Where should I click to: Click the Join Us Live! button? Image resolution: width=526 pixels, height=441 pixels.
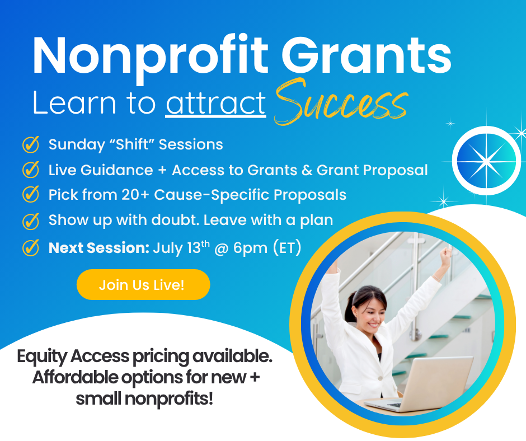coord(143,285)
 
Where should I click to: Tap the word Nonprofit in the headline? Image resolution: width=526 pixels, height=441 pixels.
coord(151,57)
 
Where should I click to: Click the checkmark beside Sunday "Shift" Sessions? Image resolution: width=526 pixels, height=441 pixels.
coord(31,144)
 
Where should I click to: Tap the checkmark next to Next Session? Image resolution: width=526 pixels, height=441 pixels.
coord(31,248)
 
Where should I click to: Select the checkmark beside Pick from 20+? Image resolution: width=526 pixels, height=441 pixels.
coord(31,194)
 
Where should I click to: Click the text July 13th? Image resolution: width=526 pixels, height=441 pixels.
coord(181,248)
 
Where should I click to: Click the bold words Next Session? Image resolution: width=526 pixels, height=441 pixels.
coord(99,248)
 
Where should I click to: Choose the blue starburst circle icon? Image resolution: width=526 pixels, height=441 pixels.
coord(486,161)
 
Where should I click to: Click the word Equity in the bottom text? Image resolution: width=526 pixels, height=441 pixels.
coord(43,356)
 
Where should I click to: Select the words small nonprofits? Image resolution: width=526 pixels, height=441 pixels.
coord(144,398)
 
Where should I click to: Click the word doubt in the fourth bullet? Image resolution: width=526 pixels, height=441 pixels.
coord(174,220)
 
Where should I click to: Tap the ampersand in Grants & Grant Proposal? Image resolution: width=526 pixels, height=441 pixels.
coord(307,170)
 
